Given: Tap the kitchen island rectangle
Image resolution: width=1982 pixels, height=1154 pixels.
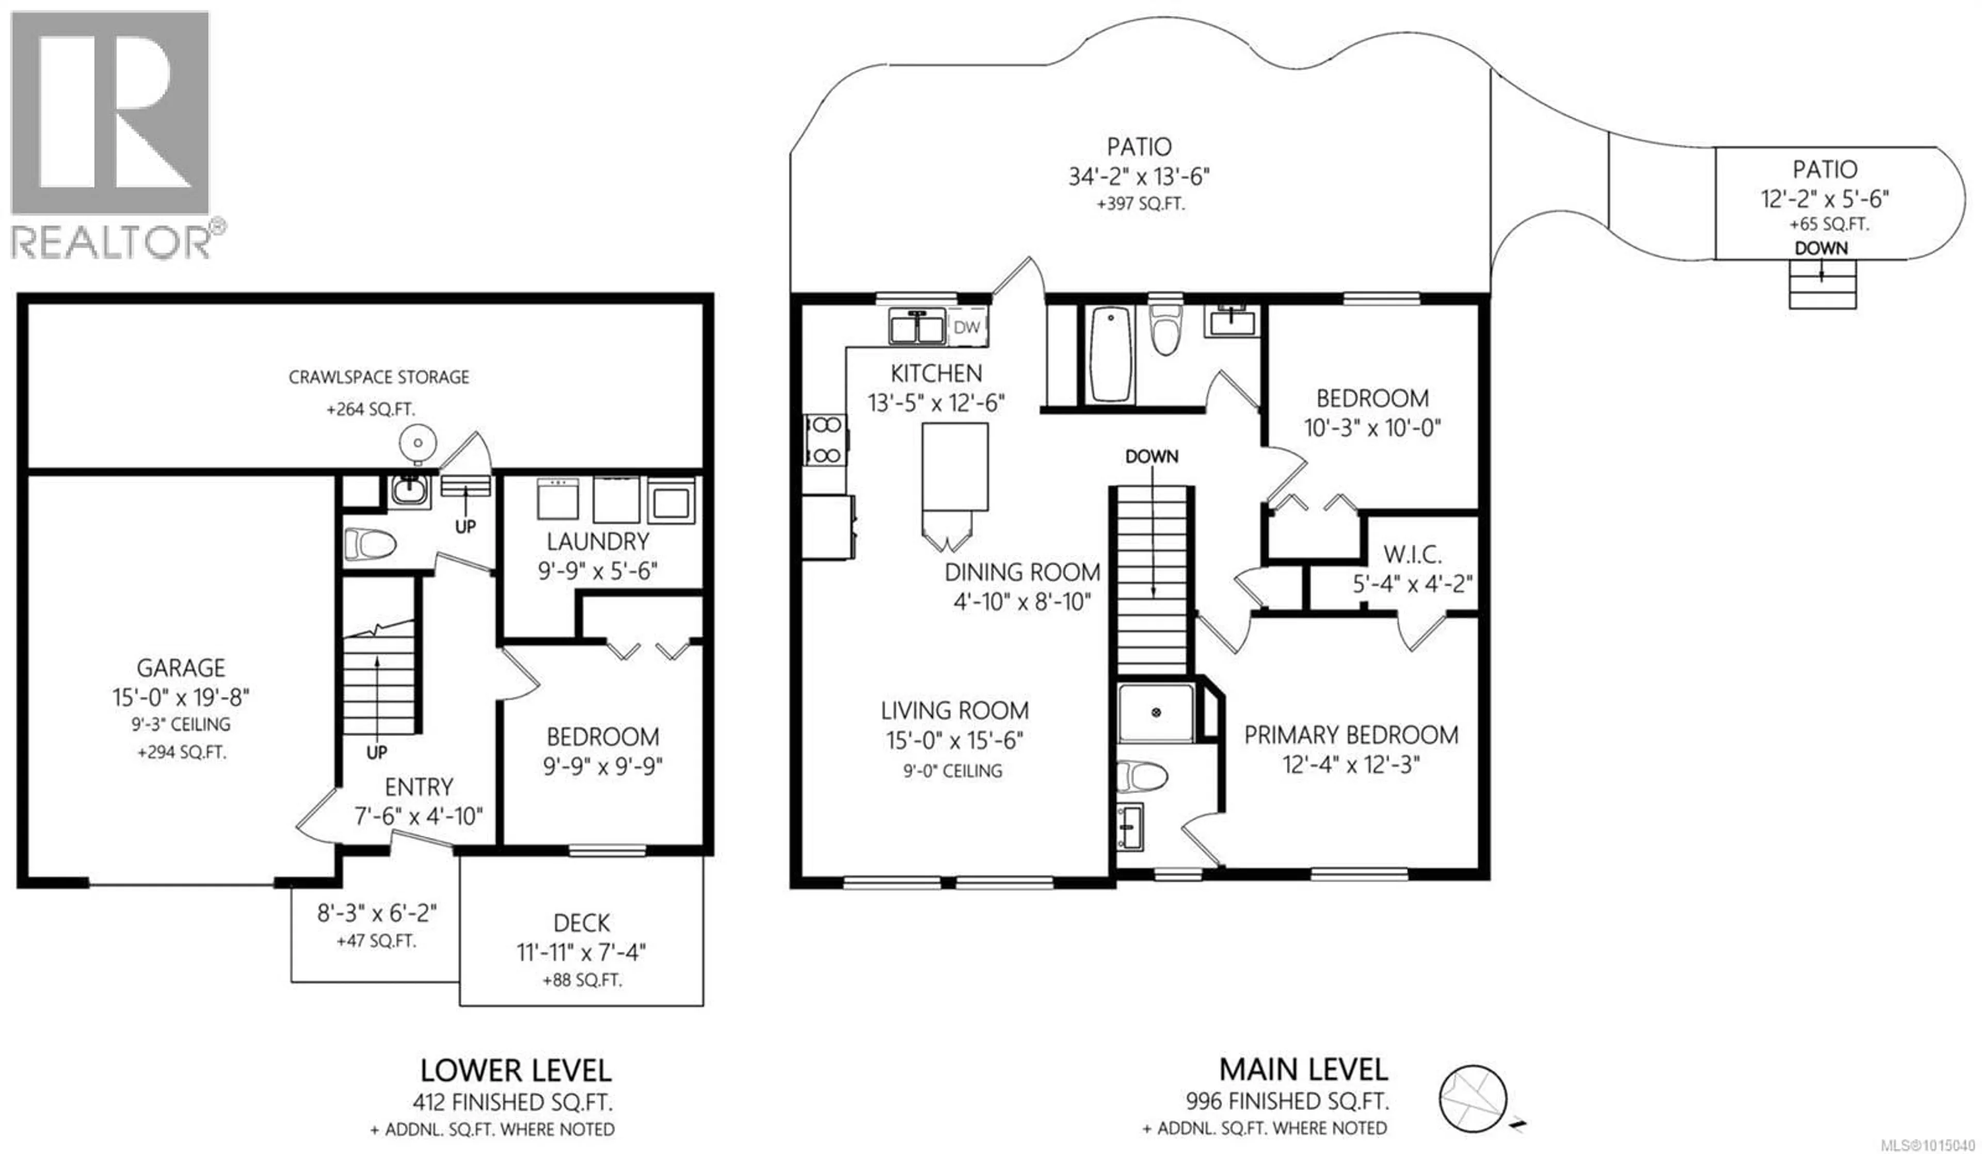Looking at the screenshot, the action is (955, 467).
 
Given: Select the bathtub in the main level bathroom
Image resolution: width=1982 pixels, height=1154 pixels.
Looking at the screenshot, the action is (1110, 354).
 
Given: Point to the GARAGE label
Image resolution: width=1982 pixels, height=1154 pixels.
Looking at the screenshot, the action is (181, 668).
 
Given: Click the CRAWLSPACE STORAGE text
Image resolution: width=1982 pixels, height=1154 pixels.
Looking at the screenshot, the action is (379, 377).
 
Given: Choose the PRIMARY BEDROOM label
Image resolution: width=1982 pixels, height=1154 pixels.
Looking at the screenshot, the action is (1351, 735).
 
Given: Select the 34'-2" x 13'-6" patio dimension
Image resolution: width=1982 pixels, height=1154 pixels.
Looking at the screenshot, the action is (1139, 176).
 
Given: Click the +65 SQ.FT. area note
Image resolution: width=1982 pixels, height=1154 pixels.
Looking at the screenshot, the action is (1829, 224).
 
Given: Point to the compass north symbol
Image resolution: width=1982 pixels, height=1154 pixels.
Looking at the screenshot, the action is (1473, 1099).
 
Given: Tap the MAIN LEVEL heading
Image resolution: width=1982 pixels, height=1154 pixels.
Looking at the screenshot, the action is (1303, 1070).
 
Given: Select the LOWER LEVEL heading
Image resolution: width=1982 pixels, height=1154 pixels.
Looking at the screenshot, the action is (516, 1070).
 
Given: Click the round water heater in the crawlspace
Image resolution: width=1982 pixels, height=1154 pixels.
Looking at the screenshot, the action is (418, 443).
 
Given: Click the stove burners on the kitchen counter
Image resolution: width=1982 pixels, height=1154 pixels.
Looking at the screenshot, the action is (825, 440).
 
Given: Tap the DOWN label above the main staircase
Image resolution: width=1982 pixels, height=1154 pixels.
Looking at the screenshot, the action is (1152, 457).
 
